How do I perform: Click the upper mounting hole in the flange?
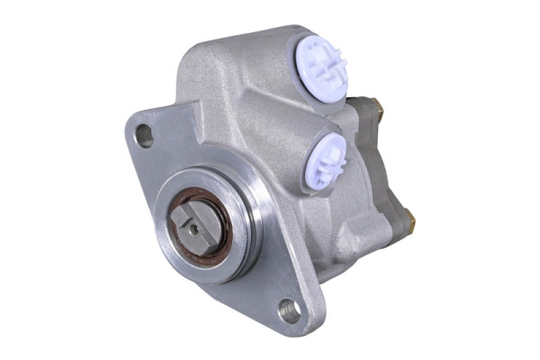tap(144, 136)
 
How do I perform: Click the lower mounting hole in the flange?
tap(290, 311)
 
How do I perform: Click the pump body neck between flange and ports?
tap(270, 153)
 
